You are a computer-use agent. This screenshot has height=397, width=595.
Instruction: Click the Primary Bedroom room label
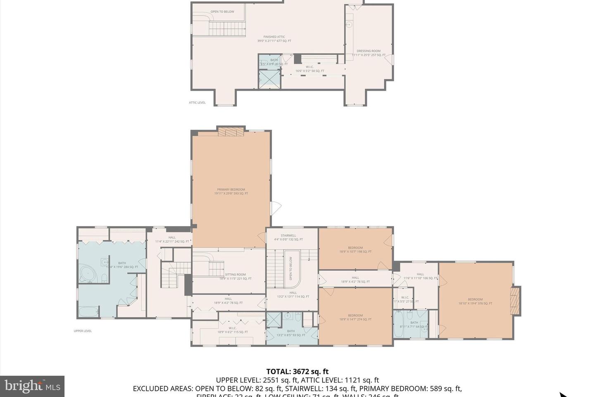tap(231, 191)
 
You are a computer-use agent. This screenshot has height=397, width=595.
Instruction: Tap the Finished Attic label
tap(274, 39)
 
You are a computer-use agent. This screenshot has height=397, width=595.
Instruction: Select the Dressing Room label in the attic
tap(369, 53)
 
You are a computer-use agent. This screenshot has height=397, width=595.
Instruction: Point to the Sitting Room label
tap(235, 276)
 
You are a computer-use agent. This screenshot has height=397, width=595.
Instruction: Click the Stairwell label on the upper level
tap(288, 237)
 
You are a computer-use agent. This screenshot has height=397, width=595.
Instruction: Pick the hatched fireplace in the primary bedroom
tap(231, 132)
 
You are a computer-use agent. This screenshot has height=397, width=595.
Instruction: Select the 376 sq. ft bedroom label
tap(475, 301)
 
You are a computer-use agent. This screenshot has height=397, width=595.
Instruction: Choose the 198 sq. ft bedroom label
tap(355, 250)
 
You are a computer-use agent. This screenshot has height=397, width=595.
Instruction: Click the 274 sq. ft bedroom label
tap(355, 317)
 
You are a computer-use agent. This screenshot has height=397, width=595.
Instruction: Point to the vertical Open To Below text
tap(291, 269)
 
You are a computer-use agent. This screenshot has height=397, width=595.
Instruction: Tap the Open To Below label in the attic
tap(222, 12)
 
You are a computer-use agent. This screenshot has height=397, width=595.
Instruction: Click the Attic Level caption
tap(197, 103)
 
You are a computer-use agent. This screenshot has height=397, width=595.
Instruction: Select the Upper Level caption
tap(83, 331)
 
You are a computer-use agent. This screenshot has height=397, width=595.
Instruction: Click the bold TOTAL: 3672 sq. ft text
tap(297, 371)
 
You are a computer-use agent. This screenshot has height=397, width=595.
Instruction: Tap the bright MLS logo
tap(32, 386)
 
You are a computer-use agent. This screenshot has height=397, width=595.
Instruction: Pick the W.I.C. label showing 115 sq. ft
tap(233, 330)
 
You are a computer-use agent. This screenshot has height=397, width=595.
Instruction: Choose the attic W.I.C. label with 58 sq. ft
tap(309, 69)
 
